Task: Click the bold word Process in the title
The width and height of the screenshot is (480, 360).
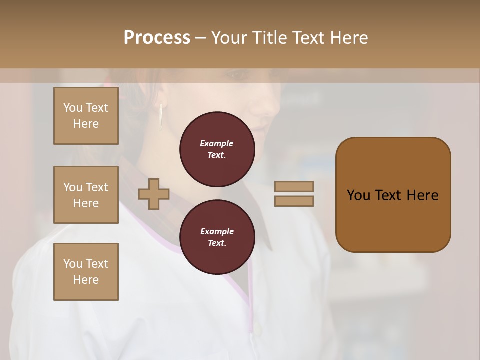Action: [x=157, y=37]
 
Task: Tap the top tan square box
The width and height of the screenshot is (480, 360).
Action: [x=86, y=116]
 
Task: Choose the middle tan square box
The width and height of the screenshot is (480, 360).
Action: [x=86, y=195]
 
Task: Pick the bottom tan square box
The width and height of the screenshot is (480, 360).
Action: [x=86, y=271]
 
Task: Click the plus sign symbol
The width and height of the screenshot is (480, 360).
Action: [x=154, y=194]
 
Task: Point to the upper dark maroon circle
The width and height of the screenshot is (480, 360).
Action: [x=217, y=149]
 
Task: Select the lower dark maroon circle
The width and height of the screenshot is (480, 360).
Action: [x=217, y=237]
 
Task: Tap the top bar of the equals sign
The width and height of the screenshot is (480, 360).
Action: [x=294, y=186]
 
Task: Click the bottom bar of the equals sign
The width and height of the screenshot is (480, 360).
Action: [x=294, y=201]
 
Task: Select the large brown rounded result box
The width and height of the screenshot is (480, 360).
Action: [x=393, y=195]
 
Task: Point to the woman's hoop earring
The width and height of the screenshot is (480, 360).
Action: [x=161, y=117]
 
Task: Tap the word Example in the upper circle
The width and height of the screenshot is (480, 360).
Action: [x=216, y=143]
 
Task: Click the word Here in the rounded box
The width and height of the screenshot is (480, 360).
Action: [x=422, y=195]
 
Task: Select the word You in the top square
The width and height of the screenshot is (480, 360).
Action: [x=73, y=108]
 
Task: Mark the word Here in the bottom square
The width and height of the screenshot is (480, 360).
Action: [x=86, y=280]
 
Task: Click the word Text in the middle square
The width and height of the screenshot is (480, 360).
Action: [x=96, y=187]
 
